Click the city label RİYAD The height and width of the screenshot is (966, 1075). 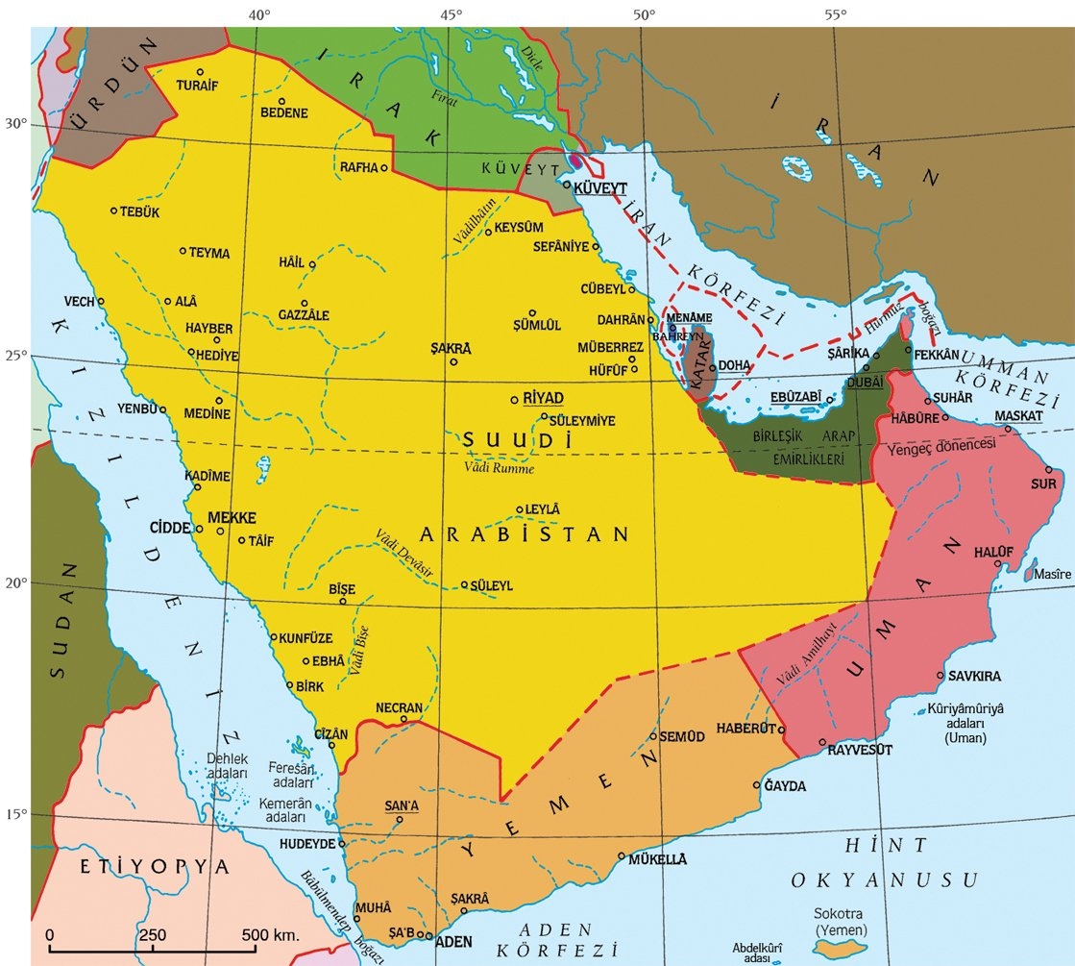pyautogui.click(x=543, y=398)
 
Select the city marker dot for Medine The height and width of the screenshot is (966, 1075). pyautogui.click(x=219, y=401)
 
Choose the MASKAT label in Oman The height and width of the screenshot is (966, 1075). pyautogui.click(x=1017, y=416)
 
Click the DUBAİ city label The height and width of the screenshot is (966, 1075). pyautogui.click(x=865, y=382)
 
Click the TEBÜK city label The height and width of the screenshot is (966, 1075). pyautogui.click(x=138, y=211)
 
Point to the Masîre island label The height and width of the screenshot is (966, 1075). pyautogui.click(x=1052, y=574)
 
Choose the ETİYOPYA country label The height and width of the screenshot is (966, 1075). pyautogui.click(x=156, y=866)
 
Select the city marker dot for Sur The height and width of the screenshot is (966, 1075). pyautogui.click(x=1048, y=470)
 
